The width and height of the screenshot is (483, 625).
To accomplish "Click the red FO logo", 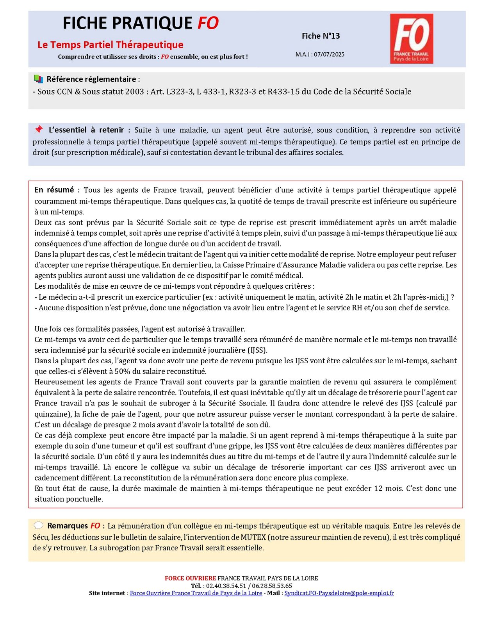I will click(412, 38).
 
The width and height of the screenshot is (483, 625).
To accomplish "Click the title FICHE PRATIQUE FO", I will click(141, 23).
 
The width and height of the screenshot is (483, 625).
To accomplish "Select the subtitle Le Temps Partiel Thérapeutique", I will click(111, 45).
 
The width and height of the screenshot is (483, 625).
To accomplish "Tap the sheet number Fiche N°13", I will click(321, 36).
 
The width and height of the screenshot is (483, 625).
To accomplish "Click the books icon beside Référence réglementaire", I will click(38, 79).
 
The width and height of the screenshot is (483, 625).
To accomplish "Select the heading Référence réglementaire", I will click(93, 79).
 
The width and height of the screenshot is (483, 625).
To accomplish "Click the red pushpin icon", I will click(39, 129).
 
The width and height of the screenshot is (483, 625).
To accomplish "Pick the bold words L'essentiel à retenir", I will click(86, 130).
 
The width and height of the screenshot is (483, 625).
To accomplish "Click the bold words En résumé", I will click(54, 190).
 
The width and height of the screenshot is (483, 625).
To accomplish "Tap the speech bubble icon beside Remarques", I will click(38, 526).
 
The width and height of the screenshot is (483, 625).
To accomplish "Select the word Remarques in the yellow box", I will click(68, 526).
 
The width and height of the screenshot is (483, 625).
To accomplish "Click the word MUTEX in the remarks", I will click(253, 537).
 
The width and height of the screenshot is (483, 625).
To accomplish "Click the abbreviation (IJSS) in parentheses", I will click(257, 350).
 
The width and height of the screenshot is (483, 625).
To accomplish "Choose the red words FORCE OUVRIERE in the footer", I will click(190, 578).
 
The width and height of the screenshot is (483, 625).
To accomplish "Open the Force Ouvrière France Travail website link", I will click(196, 593).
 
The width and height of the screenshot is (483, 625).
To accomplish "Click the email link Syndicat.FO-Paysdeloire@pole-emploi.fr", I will click(339, 593).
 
